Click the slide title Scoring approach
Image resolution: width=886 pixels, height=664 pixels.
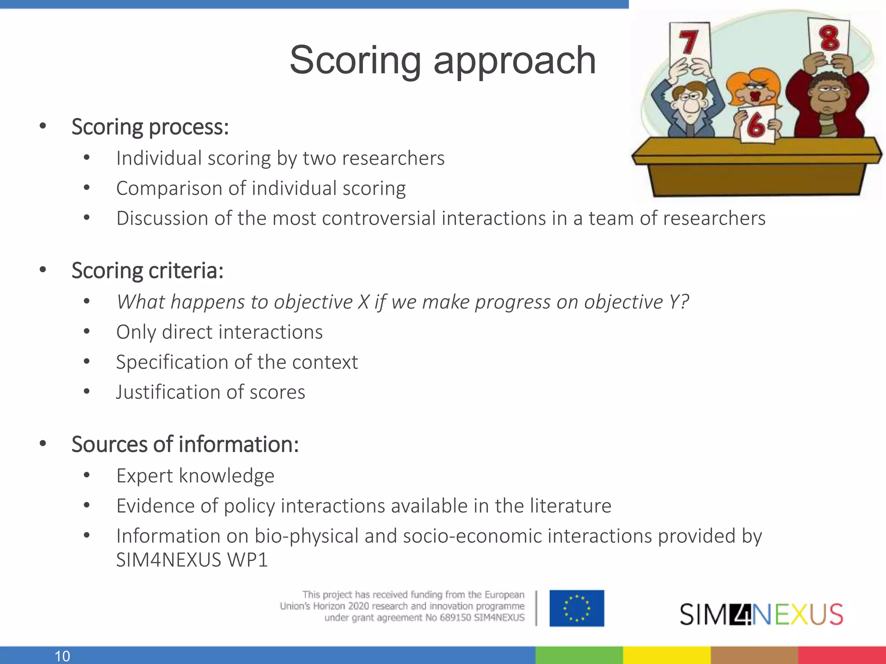coord(442,61)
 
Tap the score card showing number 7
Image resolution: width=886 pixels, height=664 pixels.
coord(690,43)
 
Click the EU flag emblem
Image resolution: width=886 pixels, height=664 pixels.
coord(577,608)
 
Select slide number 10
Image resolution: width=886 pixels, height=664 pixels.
coord(62,656)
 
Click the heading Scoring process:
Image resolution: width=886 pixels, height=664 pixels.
coord(150,127)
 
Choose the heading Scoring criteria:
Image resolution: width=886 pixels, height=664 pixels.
coord(147,271)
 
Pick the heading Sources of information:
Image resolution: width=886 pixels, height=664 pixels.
coord(185,444)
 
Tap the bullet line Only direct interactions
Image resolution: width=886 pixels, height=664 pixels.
coord(219,332)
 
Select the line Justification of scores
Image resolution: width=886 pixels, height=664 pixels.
coord(210,392)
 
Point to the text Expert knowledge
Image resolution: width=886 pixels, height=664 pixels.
coord(195,476)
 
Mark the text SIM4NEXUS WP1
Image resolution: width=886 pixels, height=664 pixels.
coord(192,560)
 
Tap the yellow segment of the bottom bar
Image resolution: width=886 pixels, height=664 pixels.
coord(666,655)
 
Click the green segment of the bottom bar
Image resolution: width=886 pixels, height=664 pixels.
coord(579,655)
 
